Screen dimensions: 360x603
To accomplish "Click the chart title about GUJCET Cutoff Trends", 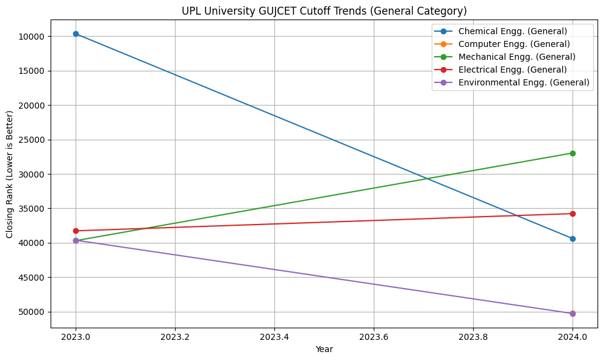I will [x=324, y=10].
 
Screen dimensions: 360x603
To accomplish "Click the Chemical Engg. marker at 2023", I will [x=76, y=34].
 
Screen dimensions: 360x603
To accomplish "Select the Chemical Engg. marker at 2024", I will [x=573, y=239].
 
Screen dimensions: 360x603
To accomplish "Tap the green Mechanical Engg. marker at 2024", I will [x=573, y=153].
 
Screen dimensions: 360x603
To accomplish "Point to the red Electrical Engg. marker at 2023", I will [x=76, y=231].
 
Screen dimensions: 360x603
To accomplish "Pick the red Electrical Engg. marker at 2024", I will [x=573, y=214].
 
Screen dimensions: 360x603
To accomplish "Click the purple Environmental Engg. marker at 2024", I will [x=573, y=314].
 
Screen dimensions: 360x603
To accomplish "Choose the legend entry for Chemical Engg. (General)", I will [x=512, y=31].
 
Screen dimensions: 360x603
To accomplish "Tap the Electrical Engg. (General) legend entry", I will [x=512, y=70].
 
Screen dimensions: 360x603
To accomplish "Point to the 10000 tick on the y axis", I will [x=30, y=37].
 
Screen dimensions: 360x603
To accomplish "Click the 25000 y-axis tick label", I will [x=30, y=140].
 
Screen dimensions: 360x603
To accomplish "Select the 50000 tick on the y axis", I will [x=30, y=312].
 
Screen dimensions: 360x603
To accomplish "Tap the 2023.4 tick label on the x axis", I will [x=274, y=336].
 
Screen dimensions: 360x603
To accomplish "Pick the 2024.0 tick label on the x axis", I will [x=573, y=336].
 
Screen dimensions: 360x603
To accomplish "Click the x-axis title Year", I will [x=324, y=349].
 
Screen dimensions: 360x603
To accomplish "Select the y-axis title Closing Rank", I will [x=10, y=175].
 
